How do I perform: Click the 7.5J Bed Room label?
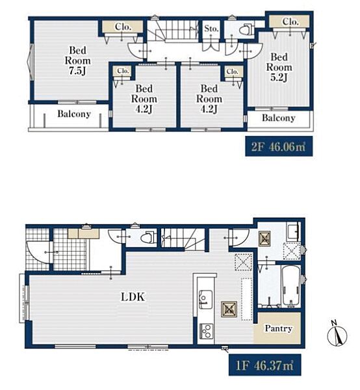tap(77, 60)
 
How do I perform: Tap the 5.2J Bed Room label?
tap(279, 67)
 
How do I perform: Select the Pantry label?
tap(278, 328)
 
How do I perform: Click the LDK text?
tap(133, 297)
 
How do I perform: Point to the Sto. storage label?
tap(211, 29)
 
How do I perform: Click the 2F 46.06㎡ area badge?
tap(279, 146)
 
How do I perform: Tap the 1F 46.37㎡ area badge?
tap(264, 365)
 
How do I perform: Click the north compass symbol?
tap(337, 334)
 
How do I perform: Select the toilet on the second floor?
tap(246, 30)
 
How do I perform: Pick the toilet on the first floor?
tap(148, 238)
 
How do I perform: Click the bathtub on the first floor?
tap(291, 286)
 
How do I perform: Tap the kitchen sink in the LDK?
tap(205, 299)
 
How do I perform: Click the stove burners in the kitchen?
tap(206, 331)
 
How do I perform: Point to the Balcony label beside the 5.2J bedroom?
tap(279, 118)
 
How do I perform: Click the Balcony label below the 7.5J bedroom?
tap(74, 114)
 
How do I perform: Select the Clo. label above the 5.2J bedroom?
tap(290, 21)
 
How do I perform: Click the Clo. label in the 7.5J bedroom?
tap(123, 27)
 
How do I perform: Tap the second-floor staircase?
tap(173, 31)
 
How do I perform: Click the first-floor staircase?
tap(183, 239)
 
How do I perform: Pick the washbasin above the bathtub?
tap(293, 231)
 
